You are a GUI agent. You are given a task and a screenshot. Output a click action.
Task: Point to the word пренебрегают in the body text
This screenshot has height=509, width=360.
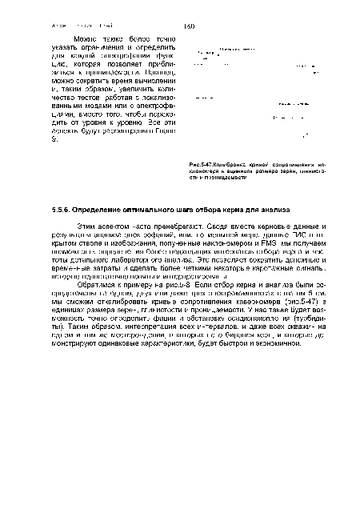[x=187, y=229]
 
